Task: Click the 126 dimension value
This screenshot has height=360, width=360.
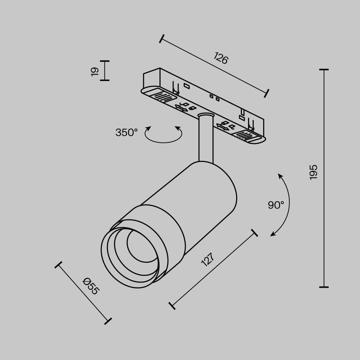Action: [x=221, y=58]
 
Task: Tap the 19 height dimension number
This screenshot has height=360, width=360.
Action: [x=95, y=71]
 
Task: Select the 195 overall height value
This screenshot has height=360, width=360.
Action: [x=314, y=172]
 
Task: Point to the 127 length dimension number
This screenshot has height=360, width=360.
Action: [x=208, y=259]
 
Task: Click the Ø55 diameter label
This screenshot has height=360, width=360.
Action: [x=90, y=286]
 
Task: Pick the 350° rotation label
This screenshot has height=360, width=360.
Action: [x=126, y=132]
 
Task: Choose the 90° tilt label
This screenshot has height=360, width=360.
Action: [x=276, y=205]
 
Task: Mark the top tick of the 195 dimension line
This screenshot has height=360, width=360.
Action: [x=324, y=69]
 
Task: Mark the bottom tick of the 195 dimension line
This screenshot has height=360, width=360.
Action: [x=324, y=287]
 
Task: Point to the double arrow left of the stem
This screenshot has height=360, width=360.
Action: [x=181, y=107]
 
